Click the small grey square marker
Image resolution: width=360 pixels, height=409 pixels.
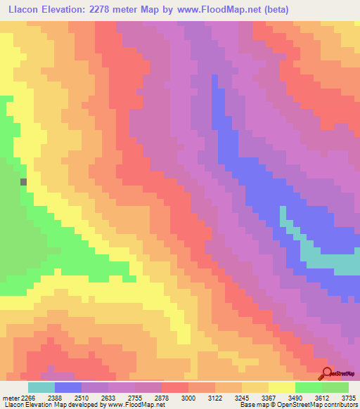(x=23, y=181)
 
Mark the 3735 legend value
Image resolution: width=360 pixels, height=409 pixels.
(x=347, y=397)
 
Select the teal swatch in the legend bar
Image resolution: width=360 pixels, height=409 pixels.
(x=41, y=387)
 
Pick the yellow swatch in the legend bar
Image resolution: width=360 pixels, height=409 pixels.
(x=282, y=387)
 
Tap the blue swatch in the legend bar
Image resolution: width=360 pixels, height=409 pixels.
(x=68, y=387)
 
